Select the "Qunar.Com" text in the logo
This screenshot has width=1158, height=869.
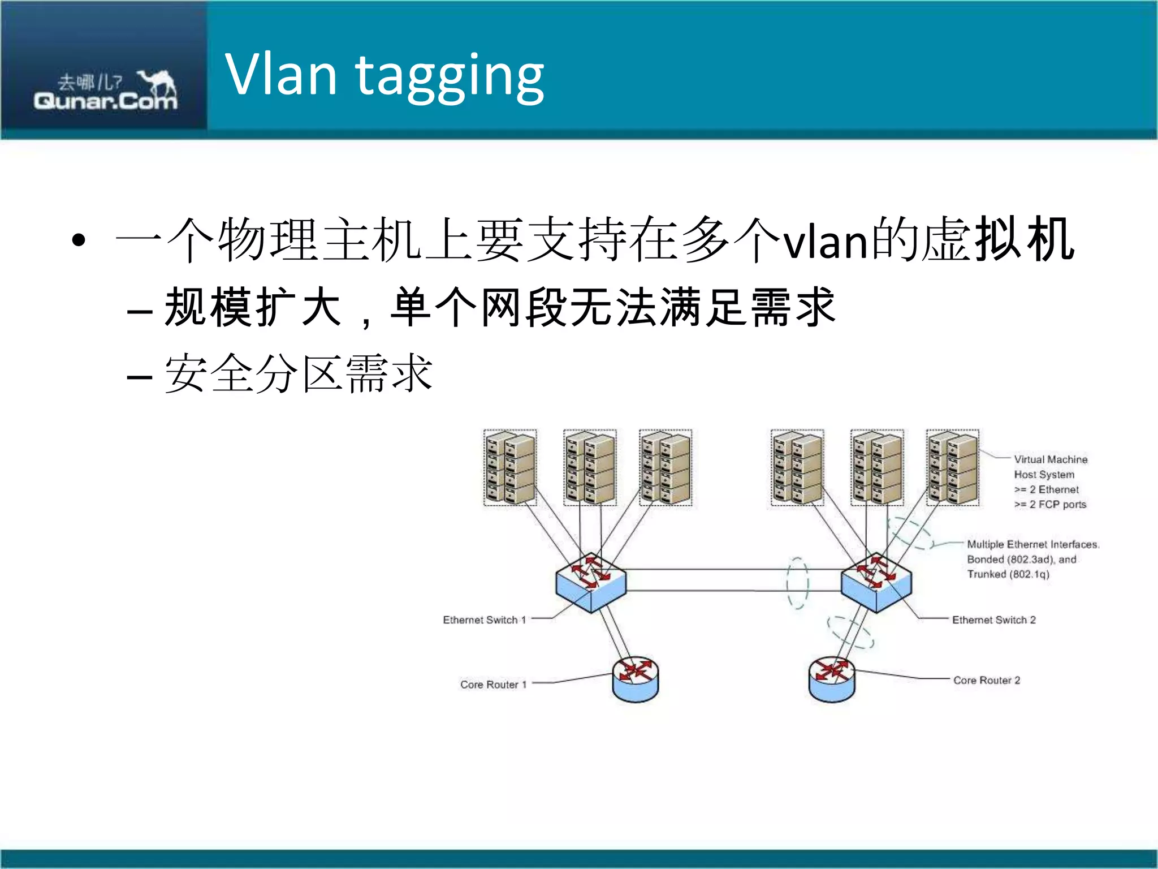tap(105, 101)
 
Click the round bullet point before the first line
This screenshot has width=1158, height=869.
tap(79, 240)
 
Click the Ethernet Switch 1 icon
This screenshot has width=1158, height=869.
tap(591, 582)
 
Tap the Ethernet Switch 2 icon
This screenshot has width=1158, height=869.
tap(876, 582)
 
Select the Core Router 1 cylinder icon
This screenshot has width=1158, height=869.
tap(636, 679)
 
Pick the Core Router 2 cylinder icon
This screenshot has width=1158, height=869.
tap(832, 679)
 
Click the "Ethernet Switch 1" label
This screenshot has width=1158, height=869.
tap(484, 620)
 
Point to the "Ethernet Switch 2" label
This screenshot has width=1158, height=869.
tap(993, 620)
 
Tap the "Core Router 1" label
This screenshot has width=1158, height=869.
tap(493, 685)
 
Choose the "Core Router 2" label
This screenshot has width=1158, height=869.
tap(987, 680)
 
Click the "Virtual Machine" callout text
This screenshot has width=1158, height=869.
tap(1051, 459)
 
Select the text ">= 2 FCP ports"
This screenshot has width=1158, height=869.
tap(1050, 504)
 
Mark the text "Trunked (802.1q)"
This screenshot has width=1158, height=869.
tap(1008, 574)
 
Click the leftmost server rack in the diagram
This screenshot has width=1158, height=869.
tap(510, 468)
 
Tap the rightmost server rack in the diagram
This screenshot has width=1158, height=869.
tap(953, 468)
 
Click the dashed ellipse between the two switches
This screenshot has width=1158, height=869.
tap(798, 583)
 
